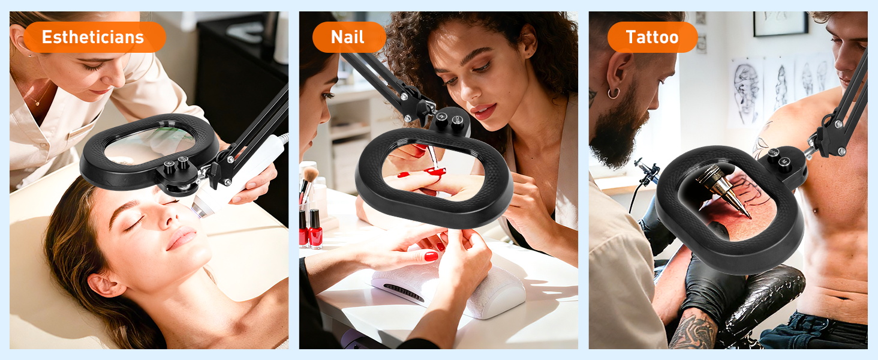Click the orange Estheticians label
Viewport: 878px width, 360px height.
93,37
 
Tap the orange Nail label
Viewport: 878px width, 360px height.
348,37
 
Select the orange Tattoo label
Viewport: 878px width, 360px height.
652,37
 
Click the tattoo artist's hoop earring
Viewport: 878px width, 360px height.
613,93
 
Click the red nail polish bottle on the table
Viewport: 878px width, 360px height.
315,229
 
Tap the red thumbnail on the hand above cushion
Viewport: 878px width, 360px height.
431,256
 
